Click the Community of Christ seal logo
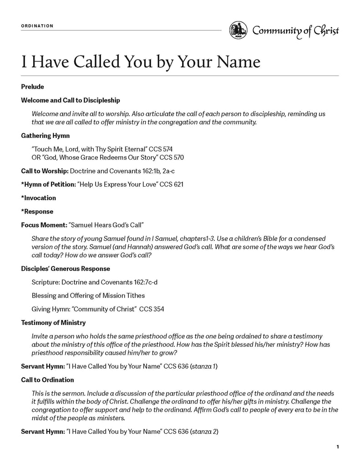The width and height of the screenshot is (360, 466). tap(238, 30)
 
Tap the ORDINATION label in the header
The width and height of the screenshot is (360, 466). tap(37, 26)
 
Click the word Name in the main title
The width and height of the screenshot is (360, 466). tap(238, 61)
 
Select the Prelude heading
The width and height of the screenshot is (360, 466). tap(32, 86)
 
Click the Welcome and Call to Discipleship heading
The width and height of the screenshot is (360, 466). tap(71, 100)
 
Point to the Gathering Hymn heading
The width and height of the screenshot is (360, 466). tap(45, 136)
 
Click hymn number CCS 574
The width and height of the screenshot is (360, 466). tap(163, 149)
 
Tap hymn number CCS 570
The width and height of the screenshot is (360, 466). tap(174, 157)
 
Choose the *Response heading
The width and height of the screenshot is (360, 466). tap(37, 212)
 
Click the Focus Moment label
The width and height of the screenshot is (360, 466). tap(43, 225)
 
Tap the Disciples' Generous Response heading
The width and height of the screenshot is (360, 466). tap(65, 268)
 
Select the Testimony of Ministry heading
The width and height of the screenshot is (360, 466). tap(53, 323)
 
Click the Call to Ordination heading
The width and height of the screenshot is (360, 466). tap(47, 380)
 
